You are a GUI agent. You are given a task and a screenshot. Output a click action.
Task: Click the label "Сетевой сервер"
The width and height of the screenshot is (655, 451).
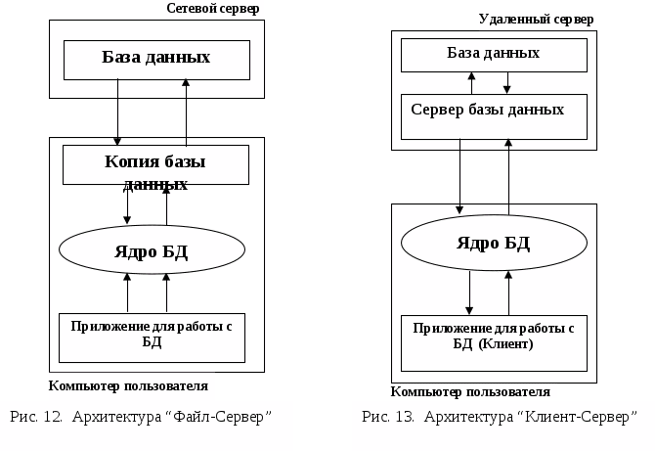coord(212,9)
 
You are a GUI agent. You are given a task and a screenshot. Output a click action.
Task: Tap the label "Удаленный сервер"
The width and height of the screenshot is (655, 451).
coord(536,20)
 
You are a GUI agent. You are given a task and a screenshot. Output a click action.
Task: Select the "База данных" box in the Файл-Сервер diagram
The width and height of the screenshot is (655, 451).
coord(156,60)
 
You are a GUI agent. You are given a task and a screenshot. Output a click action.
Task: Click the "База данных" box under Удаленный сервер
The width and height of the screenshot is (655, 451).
coord(494,55)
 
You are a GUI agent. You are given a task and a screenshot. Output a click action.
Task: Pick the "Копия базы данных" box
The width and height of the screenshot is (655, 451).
coord(155,164)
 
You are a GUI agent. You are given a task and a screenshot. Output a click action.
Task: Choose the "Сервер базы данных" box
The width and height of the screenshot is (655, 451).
coord(494,116)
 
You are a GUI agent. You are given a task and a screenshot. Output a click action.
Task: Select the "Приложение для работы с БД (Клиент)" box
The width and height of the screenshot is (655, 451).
coord(494,343)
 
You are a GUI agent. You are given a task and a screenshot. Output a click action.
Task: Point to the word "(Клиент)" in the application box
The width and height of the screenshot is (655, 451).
coord(505,344)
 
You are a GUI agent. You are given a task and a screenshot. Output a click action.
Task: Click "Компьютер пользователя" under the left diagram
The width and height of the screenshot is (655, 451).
coord(128,385)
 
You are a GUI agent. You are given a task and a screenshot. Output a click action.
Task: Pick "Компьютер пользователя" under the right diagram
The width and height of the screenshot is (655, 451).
coord(470,392)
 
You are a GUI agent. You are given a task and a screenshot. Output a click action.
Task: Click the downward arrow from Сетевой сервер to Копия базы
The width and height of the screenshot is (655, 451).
coord(117,113)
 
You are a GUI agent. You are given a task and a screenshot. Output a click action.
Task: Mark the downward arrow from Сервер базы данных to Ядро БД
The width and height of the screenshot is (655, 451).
coord(459,177)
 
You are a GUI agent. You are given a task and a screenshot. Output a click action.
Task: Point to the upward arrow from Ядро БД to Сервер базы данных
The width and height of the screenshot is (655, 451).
coord(508,177)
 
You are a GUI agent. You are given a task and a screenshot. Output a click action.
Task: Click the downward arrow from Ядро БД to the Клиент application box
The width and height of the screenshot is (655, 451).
coord(469,293)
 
